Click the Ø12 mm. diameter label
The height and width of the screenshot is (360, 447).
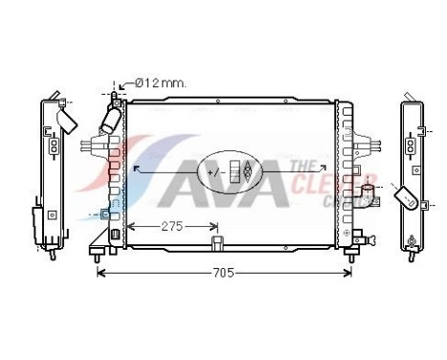click(160, 84)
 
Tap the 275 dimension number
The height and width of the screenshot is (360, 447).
click(170, 227)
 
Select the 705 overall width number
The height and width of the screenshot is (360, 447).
click(222, 273)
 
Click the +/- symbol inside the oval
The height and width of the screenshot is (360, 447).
click(217, 171)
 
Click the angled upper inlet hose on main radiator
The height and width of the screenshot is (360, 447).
click(109, 124)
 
